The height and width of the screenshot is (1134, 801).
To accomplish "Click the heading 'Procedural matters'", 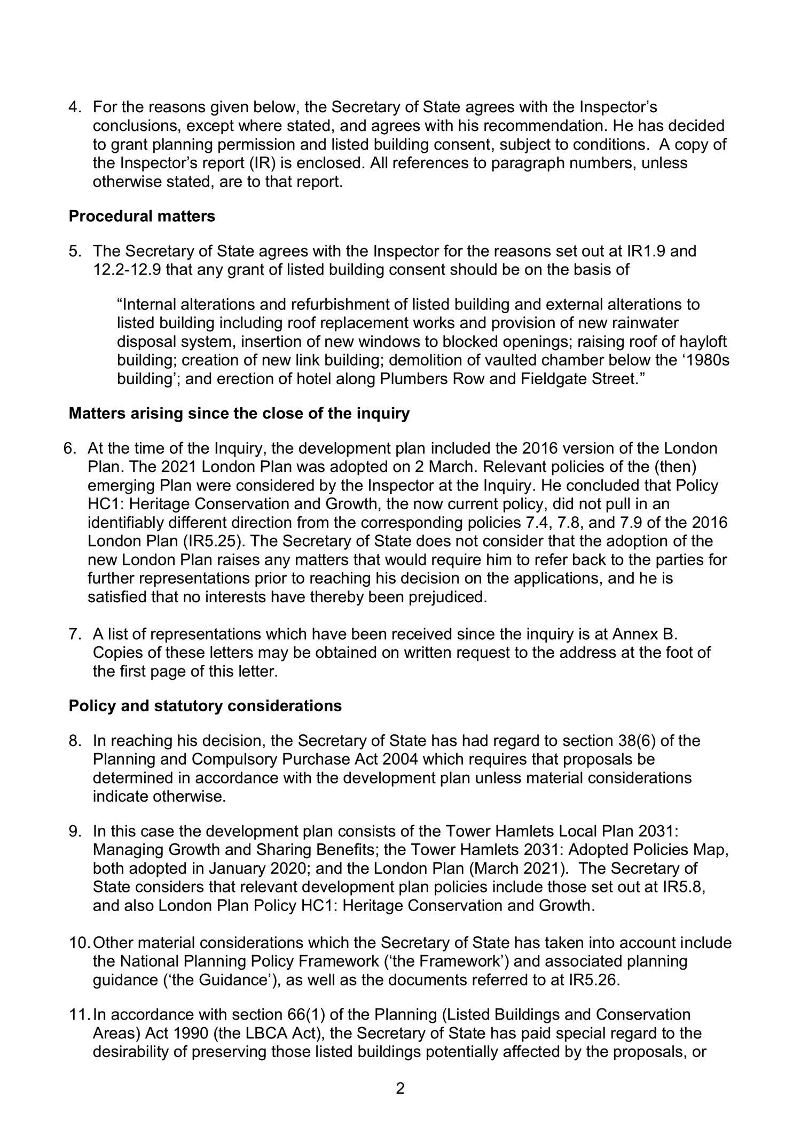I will click(x=142, y=216).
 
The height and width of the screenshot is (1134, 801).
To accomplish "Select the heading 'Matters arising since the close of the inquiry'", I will click(x=239, y=413).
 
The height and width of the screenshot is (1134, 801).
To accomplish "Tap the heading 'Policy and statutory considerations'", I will click(x=205, y=705).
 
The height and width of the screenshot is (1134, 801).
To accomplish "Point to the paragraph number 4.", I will click(x=74, y=107).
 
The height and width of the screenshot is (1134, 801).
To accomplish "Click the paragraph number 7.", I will click(x=74, y=634).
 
